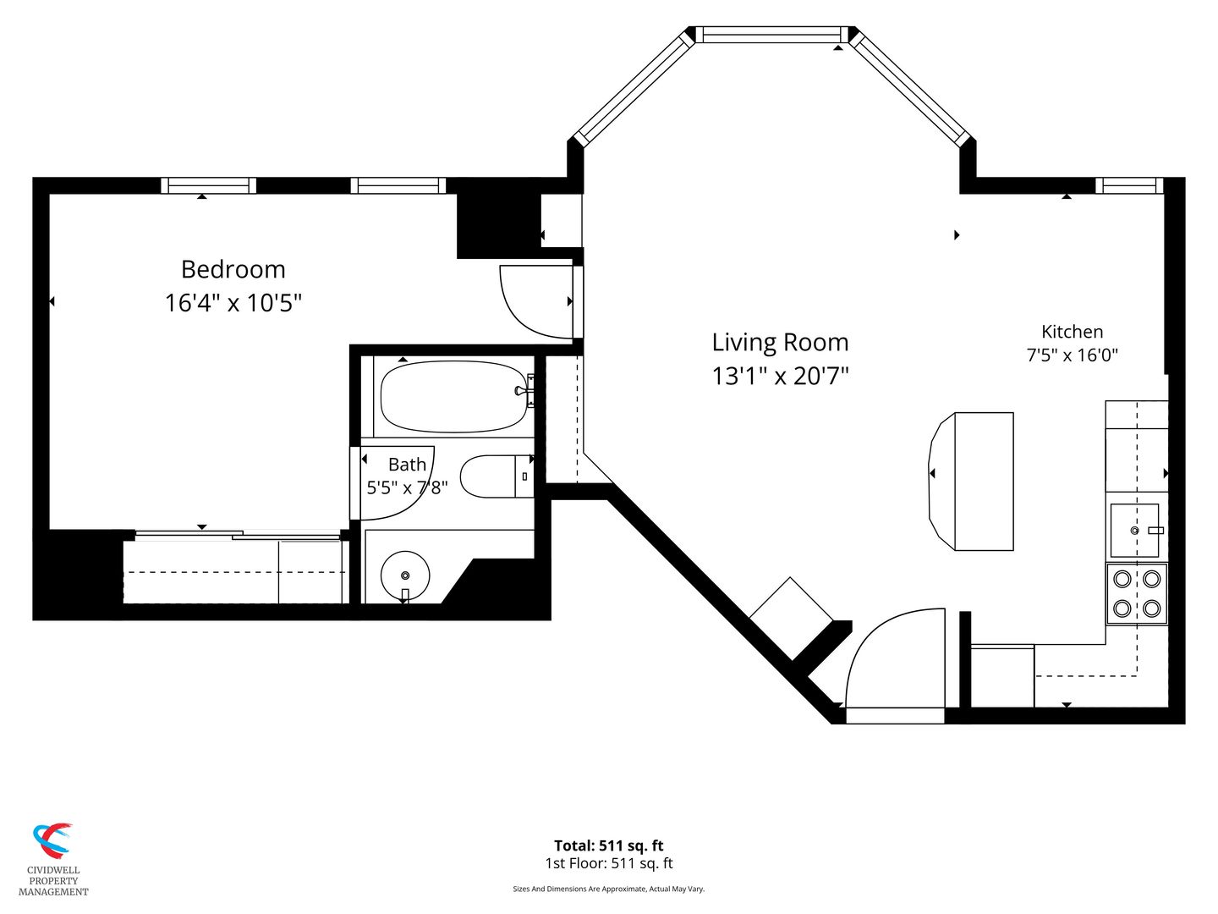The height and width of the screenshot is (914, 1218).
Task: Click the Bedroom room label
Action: coord(233,270)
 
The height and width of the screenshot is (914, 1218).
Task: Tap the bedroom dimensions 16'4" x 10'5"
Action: coord(233,304)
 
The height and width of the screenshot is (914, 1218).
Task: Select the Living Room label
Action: coord(780,343)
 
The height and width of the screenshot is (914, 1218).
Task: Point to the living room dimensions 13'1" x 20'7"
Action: coord(780,377)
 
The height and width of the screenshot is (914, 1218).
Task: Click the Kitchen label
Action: coord(1072,332)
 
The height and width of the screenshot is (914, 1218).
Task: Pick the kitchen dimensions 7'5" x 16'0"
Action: coord(1072,355)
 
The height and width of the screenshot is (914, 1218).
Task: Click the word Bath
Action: coord(408,465)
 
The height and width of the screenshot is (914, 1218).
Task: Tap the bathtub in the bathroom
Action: coord(454,397)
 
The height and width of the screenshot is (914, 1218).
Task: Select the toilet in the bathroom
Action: coord(497,476)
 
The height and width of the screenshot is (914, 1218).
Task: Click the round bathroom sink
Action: coord(405,575)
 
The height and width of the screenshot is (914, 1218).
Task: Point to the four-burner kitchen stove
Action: coord(1137,594)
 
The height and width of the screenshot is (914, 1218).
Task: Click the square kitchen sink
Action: coord(1134,531)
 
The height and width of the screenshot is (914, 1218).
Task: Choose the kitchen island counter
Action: coord(971,482)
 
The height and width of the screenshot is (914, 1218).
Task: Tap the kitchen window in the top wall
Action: coord(1128,185)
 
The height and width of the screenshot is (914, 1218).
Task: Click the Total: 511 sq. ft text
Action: coord(609,845)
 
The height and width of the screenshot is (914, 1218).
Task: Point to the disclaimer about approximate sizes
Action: coord(609,889)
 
